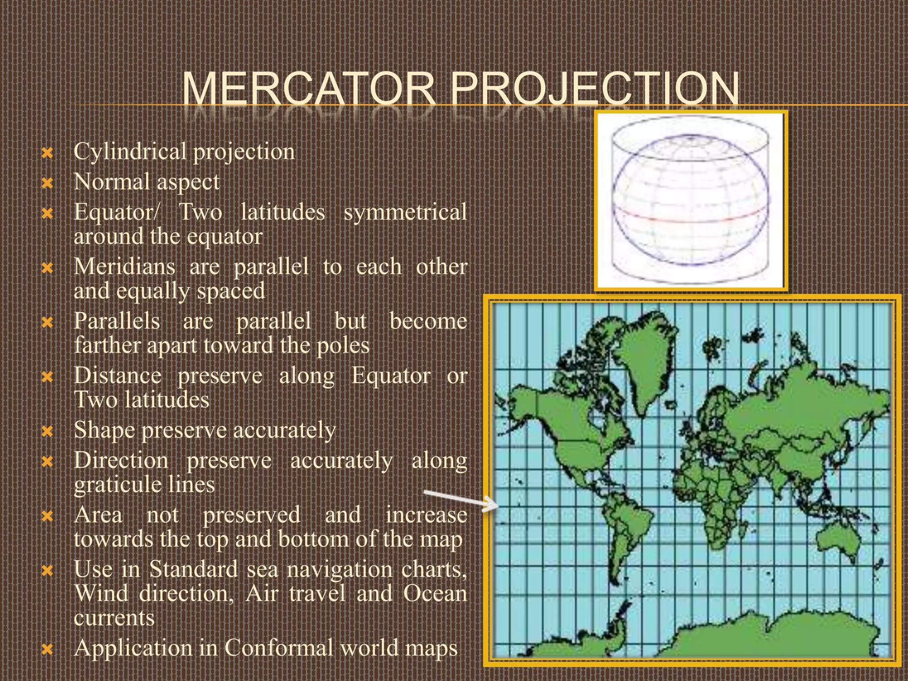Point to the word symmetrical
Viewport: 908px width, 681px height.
405,212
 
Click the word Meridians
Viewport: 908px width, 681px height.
125,267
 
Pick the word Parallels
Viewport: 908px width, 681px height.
117,321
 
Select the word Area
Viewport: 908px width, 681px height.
98,515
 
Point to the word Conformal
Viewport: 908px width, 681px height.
278,648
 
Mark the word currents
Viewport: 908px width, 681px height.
114,618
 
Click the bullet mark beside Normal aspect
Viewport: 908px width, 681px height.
47,183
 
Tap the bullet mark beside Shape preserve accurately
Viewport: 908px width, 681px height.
47,431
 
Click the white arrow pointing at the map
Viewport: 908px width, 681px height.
461,500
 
